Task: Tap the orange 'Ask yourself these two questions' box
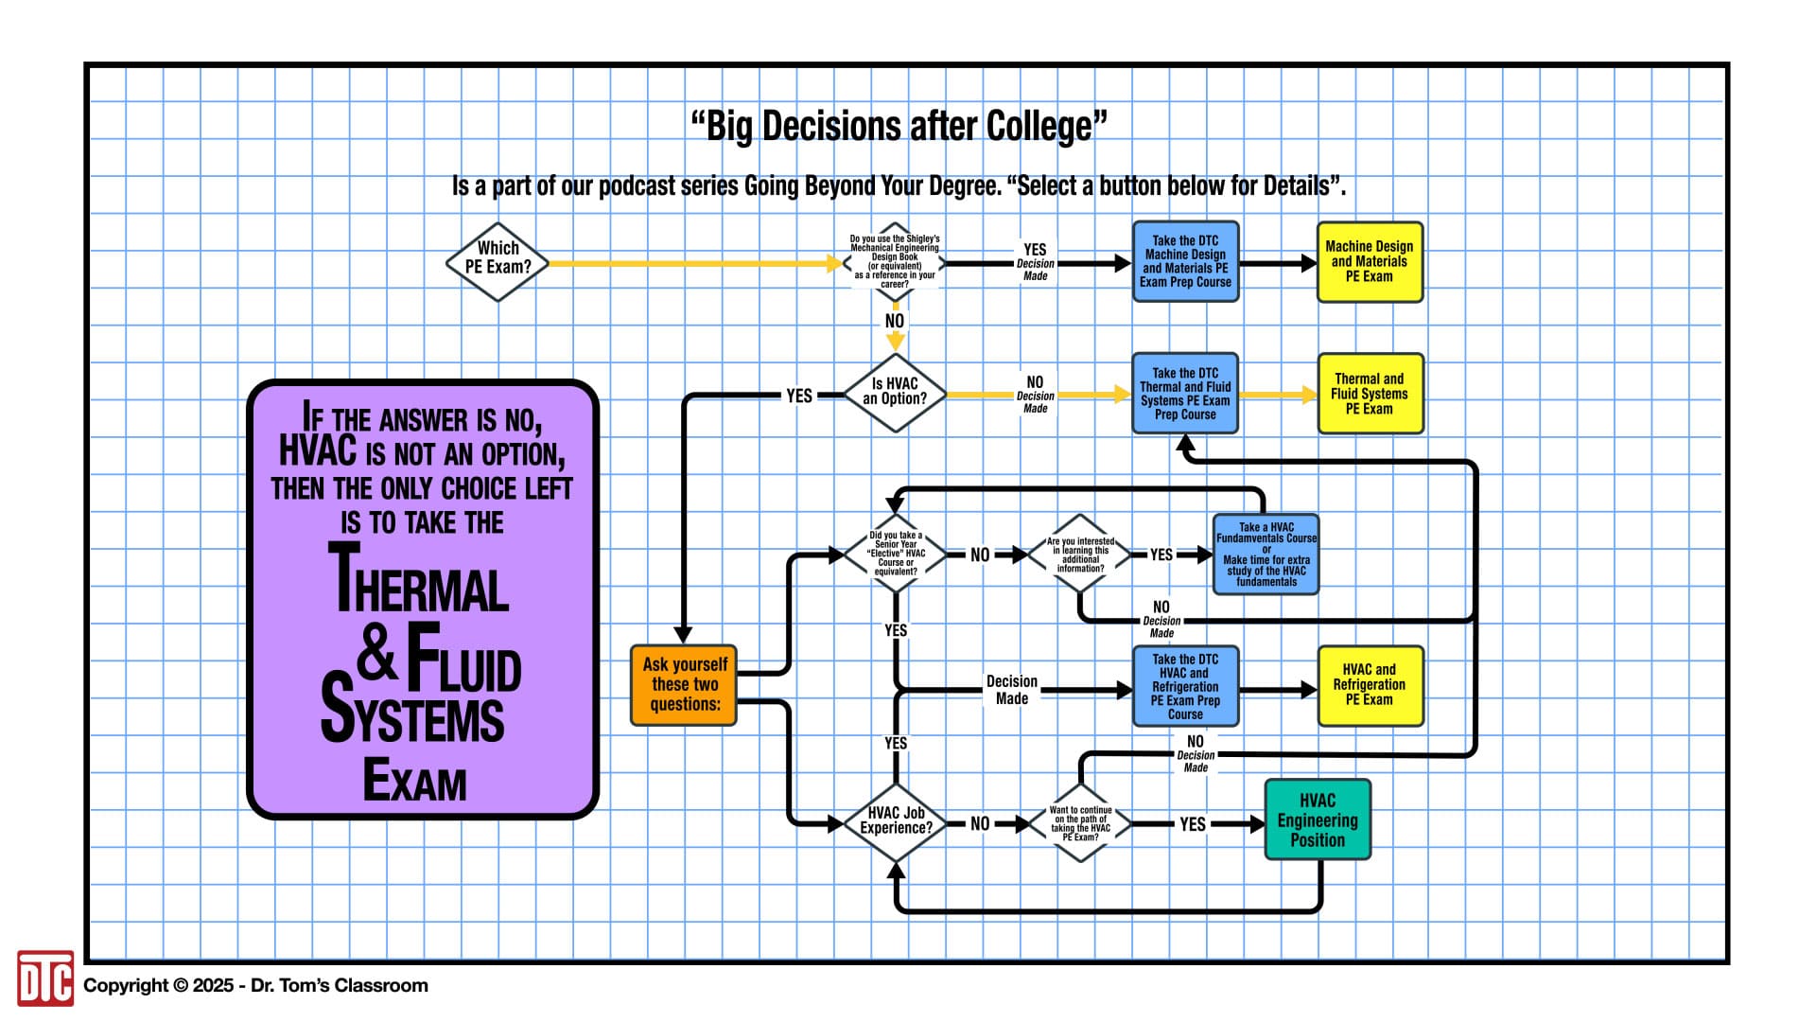click(684, 684)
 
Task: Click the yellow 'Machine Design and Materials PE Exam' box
click(1369, 261)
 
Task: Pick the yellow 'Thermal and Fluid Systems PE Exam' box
click(1369, 394)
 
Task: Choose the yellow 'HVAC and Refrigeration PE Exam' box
click(1369, 685)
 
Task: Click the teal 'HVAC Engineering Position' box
click(1317, 819)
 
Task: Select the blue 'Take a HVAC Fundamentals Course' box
click(1266, 555)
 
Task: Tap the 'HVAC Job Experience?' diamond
click(895, 821)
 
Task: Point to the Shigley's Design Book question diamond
click(894, 262)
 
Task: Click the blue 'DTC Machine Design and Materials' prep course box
click(1185, 261)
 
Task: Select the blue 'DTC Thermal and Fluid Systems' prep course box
click(1185, 394)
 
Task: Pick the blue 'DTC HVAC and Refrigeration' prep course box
click(1185, 686)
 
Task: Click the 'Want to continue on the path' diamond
click(1080, 822)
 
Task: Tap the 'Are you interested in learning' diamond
click(1080, 555)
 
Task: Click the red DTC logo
click(44, 978)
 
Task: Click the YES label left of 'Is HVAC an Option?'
click(799, 396)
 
